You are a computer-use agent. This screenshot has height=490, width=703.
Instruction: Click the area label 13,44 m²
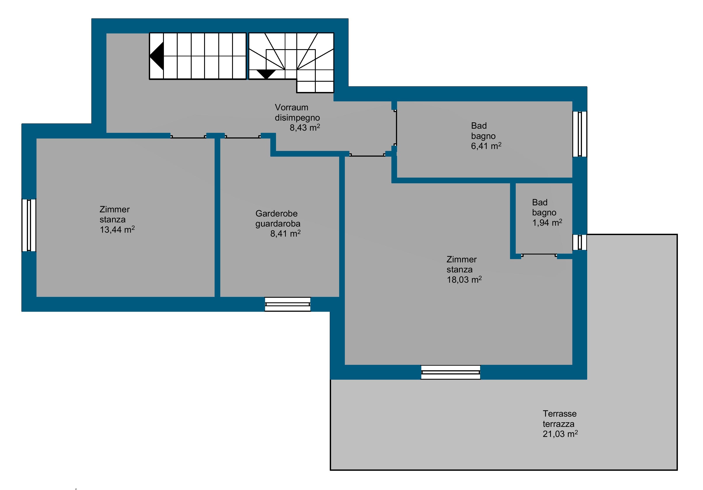click(x=117, y=230)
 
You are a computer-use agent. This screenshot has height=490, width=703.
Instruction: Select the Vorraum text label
click(x=292, y=107)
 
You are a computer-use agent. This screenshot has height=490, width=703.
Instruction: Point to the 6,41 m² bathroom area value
click(x=486, y=146)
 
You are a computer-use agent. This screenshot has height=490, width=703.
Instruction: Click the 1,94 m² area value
click(x=547, y=223)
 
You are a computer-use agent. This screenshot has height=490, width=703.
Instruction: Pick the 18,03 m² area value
click(x=464, y=279)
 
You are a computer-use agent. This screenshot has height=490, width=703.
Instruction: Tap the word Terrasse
click(x=560, y=414)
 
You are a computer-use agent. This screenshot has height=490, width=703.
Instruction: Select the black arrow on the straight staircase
click(x=156, y=56)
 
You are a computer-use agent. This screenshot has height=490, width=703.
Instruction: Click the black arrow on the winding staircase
click(x=266, y=74)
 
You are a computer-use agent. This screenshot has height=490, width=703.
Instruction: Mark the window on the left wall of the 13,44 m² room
click(x=29, y=225)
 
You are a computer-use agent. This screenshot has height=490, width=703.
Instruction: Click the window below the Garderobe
click(x=288, y=304)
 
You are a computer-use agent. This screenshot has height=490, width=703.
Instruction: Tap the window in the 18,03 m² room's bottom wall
click(x=450, y=372)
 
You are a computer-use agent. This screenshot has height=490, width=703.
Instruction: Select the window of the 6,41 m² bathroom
click(x=580, y=134)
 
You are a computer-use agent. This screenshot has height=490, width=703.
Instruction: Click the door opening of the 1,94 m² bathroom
click(x=539, y=255)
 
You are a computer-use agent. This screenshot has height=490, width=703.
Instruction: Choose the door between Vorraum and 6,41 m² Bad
click(x=396, y=128)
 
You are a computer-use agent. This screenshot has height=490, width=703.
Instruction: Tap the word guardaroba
click(x=278, y=224)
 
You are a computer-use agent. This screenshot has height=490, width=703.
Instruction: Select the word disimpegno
click(x=297, y=118)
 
